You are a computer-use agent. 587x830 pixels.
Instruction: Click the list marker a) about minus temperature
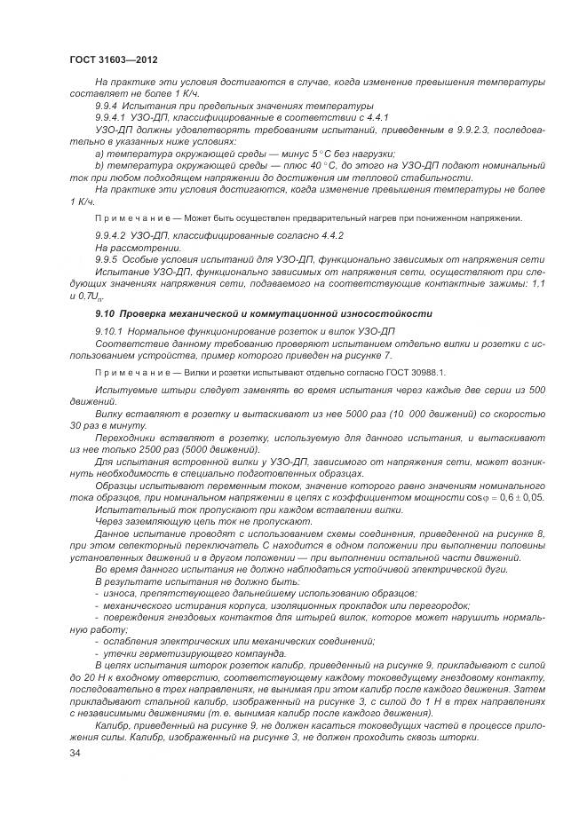[99, 153]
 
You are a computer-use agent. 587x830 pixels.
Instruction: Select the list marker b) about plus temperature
[99, 165]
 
